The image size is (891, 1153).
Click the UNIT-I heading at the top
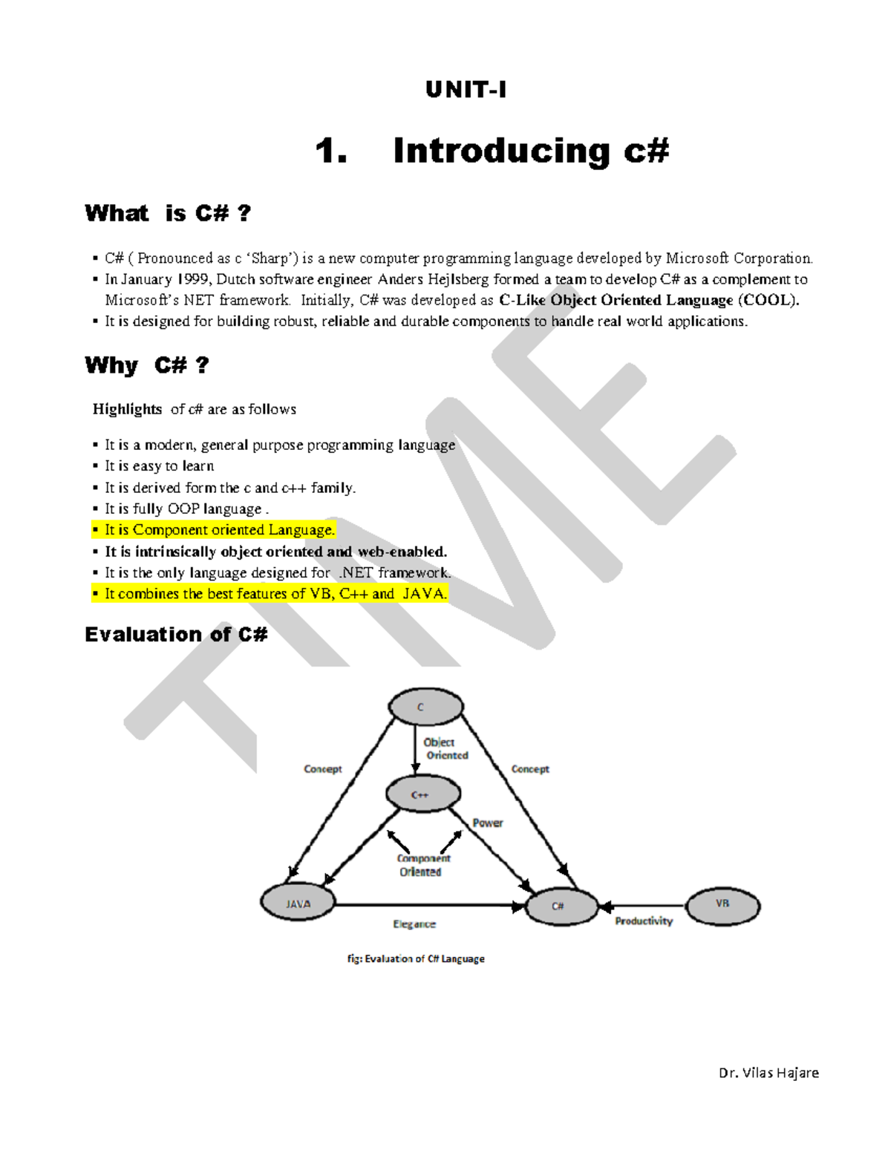pyautogui.click(x=466, y=90)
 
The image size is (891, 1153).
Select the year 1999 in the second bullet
pyautogui.click(x=193, y=280)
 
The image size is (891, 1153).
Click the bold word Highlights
pyautogui.click(x=127, y=409)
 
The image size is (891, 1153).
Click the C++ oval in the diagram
pyautogui.click(x=421, y=794)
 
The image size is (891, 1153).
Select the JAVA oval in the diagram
pyautogui.click(x=298, y=904)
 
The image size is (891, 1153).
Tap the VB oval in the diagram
pyautogui.click(x=722, y=905)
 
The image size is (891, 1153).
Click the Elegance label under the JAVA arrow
pyautogui.click(x=414, y=924)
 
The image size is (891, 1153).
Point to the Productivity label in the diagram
pyautogui.click(x=644, y=921)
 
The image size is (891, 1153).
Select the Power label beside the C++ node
pyautogui.click(x=488, y=823)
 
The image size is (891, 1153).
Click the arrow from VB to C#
pyautogui.click(x=642, y=907)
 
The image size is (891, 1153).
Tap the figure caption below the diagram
pyautogui.click(x=416, y=959)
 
